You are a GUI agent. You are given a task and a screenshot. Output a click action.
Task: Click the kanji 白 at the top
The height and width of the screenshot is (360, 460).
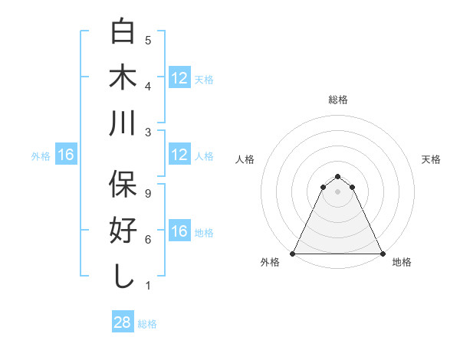coord(123,31)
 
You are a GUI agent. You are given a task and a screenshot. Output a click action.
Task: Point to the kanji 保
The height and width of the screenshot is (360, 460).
coord(123,185)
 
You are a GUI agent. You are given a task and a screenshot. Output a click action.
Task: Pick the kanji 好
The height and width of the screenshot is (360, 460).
coord(123,231)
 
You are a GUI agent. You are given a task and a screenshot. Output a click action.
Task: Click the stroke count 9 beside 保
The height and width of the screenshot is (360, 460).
coord(148,194)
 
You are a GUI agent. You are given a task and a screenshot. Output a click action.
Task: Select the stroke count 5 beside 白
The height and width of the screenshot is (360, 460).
coord(148,41)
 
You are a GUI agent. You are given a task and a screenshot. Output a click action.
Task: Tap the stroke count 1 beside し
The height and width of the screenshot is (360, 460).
coord(148,286)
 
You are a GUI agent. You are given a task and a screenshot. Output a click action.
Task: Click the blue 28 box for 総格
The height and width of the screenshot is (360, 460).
coord(122,322)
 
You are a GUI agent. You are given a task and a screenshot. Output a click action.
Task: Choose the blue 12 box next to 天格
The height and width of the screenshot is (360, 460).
coord(179,77)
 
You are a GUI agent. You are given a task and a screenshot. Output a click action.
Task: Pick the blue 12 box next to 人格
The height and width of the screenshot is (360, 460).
coord(179,155)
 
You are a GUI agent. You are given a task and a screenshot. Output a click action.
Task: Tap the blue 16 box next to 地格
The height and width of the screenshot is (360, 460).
coord(179,231)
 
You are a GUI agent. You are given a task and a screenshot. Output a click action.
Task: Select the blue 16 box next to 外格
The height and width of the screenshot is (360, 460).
coord(65,155)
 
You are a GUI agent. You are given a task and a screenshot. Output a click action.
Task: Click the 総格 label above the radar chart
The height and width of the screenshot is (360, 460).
coord(337,100)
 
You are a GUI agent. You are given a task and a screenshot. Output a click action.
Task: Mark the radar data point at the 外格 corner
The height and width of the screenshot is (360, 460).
coord(293,254)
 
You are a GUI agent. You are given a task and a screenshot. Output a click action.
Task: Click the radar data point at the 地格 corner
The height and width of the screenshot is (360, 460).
coord(382,254)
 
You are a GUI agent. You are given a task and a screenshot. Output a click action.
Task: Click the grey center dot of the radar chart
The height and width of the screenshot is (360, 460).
coord(337,191)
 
